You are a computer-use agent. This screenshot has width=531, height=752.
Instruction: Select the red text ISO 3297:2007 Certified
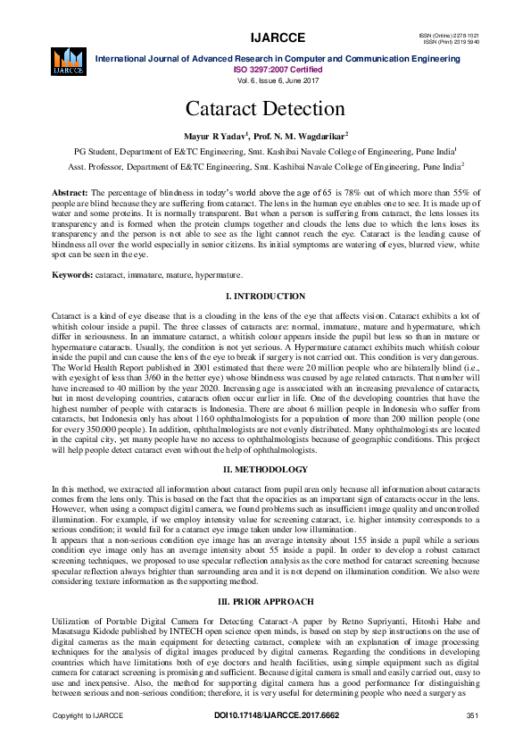tap(265, 69)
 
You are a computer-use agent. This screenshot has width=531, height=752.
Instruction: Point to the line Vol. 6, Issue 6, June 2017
tap(265, 79)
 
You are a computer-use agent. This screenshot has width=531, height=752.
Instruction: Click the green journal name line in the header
tap(278, 59)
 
